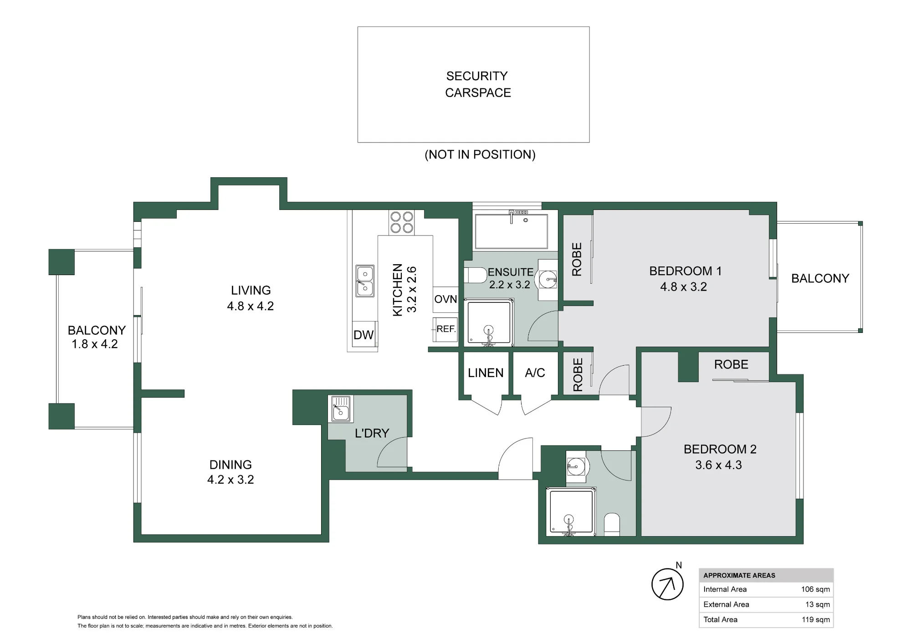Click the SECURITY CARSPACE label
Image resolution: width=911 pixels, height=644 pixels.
(478, 84)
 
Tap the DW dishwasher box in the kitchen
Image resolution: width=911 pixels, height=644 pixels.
(364, 335)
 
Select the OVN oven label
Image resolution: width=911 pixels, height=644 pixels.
(445, 299)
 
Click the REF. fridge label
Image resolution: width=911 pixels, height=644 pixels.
(446, 329)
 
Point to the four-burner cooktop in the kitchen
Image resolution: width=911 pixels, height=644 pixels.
(401, 222)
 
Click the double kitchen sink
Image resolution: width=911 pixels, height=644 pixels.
(365, 281)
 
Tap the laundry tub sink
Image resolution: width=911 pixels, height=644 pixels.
(340, 409)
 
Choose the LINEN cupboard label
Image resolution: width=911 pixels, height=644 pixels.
(486, 373)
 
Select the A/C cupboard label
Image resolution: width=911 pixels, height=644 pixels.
(535, 373)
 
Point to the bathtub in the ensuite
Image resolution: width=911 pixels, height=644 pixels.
(511, 231)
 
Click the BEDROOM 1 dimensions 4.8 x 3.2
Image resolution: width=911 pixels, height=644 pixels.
(683, 287)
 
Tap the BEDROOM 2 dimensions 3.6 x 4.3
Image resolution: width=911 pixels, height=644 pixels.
(718, 465)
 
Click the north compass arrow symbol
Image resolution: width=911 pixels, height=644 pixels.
(668, 584)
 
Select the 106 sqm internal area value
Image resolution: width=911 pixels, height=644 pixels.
(815, 589)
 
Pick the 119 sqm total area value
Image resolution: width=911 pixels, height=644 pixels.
(816, 619)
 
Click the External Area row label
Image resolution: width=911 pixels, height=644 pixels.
(726, 604)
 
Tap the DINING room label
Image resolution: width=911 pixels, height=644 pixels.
(230, 465)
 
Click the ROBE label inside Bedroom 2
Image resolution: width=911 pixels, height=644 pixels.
(731, 364)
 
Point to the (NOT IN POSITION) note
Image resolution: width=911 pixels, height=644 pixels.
(480, 155)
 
